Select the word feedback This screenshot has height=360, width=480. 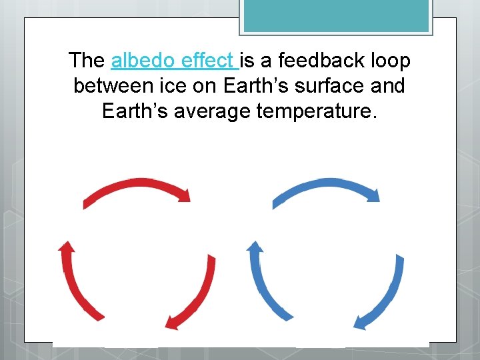click(311, 61)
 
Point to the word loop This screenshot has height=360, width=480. click(389, 61)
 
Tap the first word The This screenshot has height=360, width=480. click(87, 61)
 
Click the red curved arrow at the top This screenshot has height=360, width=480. click(133, 186)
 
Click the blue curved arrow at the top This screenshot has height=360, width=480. click(323, 186)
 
